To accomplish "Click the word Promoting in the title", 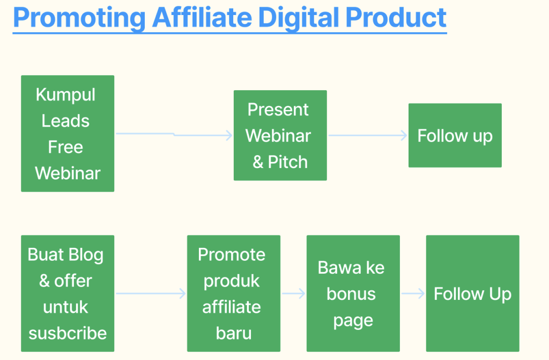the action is tap(79, 18).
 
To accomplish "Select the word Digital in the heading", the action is tap(299, 18).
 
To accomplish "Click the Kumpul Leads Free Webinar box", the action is tap(68, 134).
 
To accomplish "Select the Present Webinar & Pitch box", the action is tap(280, 135).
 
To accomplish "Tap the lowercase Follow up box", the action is tap(455, 135).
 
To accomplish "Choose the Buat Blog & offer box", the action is tap(68, 293).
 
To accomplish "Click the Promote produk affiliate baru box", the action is tap(234, 293).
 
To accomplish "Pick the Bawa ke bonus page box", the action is tap(353, 293).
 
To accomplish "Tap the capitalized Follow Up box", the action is tap(472, 293).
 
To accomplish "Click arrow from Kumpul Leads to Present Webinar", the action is tap(174, 134).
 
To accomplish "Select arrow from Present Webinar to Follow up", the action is tap(368, 135).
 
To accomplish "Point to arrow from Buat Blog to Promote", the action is tap(151, 293).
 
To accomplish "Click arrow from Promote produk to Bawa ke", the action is tap(293, 293).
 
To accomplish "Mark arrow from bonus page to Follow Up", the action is tap(413, 293).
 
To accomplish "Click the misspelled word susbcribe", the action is tap(68, 333).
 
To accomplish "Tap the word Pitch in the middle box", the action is tap(288, 163).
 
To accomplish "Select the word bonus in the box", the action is tap(351, 293).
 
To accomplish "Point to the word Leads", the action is tap(65, 121).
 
